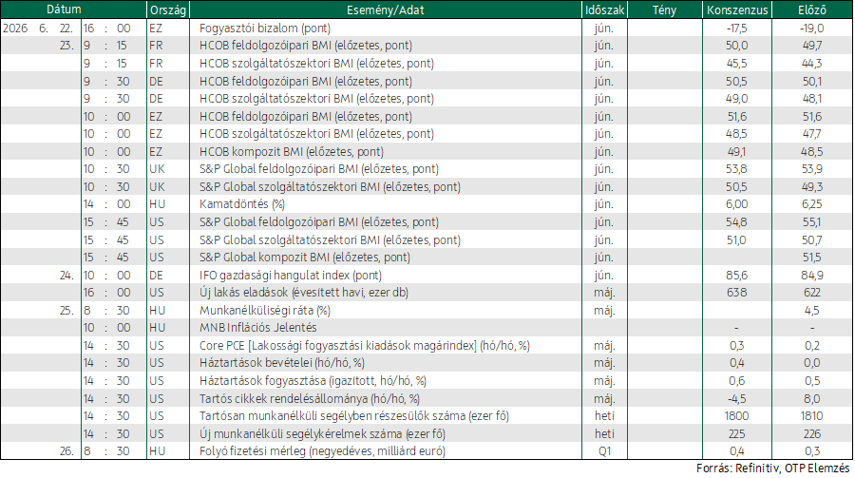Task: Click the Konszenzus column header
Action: (x=737, y=10)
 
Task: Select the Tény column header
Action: (x=664, y=10)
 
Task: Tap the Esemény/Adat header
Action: (x=386, y=10)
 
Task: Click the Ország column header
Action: (x=168, y=10)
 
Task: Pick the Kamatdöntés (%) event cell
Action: (x=242, y=204)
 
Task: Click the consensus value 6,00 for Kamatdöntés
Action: (x=736, y=204)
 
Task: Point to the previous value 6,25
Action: (x=812, y=204)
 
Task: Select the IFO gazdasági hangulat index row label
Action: (x=291, y=275)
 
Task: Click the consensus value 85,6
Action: (x=736, y=275)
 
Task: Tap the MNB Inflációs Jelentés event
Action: (x=257, y=328)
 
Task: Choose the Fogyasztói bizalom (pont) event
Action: (x=265, y=28)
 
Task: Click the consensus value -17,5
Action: (x=736, y=28)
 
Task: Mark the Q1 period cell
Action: (x=604, y=451)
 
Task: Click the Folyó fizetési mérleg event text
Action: (x=322, y=451)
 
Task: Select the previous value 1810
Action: (x=812, y=416)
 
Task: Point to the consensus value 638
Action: (x=736, y=293)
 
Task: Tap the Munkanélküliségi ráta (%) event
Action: (x=265, y=311)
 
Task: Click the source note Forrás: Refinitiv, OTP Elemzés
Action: (x=772, y=468)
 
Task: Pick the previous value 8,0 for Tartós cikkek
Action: (x=812, y=398)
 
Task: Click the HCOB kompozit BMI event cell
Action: (x=292, y=152)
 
